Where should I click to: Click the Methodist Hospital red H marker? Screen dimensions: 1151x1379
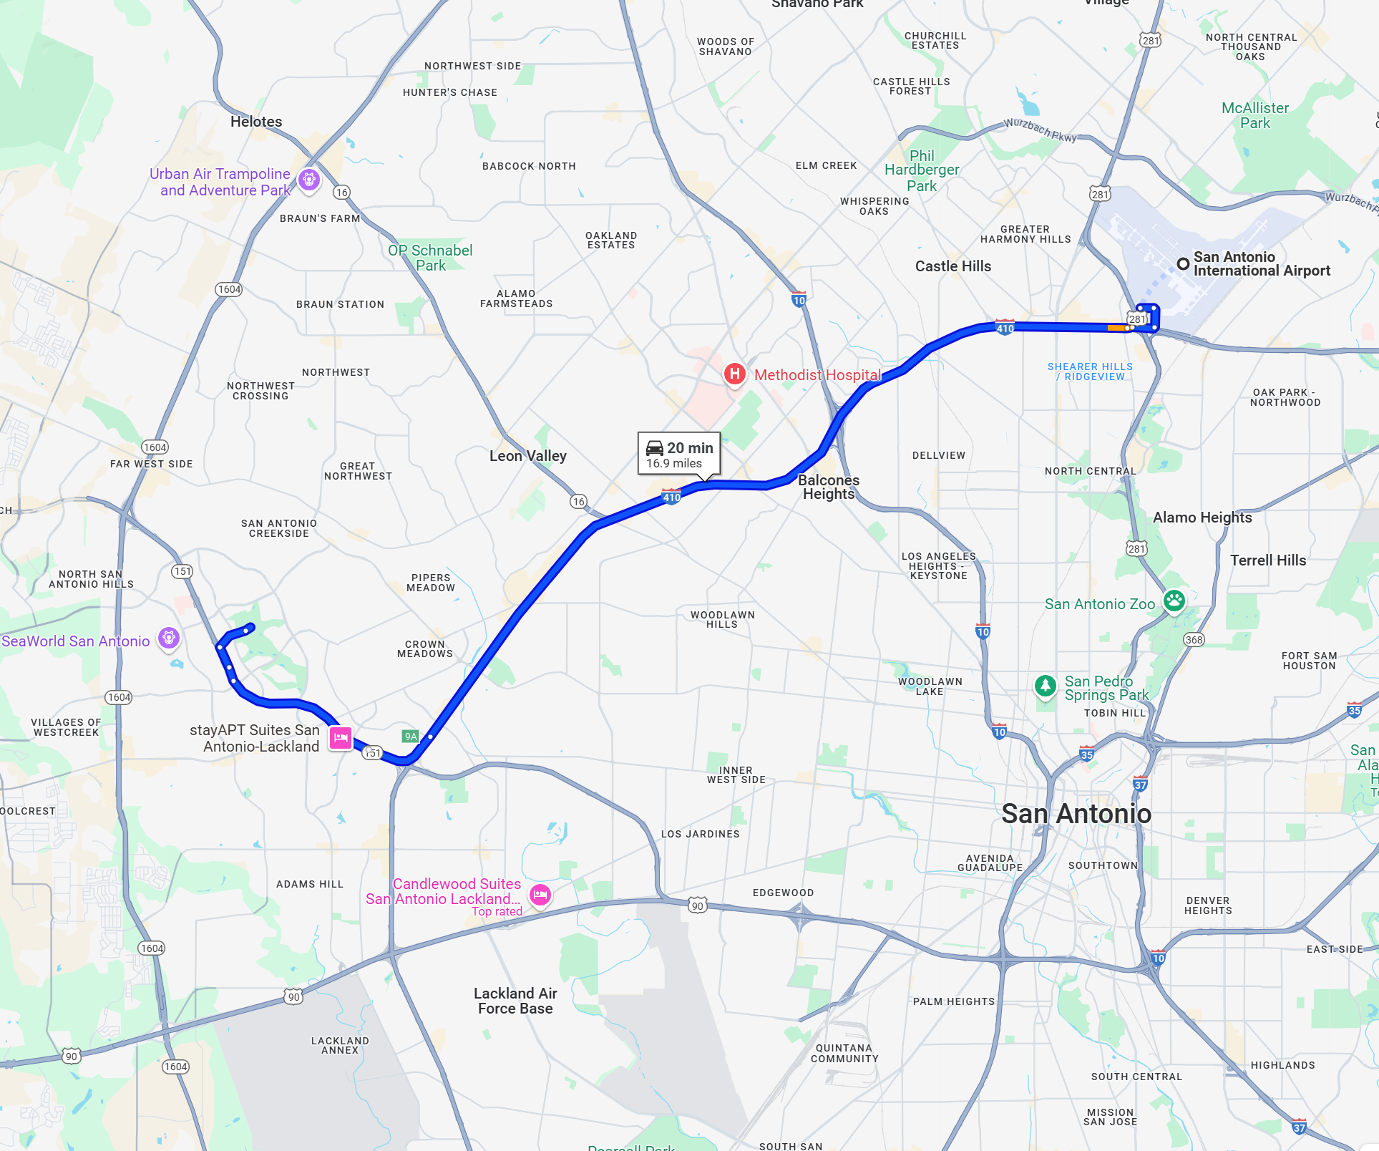click(x=734, y=374)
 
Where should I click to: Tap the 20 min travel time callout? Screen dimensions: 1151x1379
click(x=678, y=454)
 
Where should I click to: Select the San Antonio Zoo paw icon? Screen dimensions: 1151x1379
click(x=1174, y=600)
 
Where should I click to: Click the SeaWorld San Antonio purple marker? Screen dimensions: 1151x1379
click(x=169, y=637)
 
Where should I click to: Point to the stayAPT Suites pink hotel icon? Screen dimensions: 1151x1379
click(x=341, y=737)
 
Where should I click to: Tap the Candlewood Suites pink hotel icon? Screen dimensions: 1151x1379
click(x=540, y=893)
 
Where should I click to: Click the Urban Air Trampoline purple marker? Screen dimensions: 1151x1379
click(x=308, y=179)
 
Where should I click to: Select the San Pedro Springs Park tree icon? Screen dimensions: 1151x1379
click(x=1046, y=685)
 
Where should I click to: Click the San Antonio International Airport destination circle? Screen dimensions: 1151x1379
click(x=1183, y=263)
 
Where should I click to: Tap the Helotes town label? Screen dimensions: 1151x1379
click(x=256, y=122)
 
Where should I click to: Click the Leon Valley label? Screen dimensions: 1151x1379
click(x=527, y=456)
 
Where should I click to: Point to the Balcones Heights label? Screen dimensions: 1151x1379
click(x=828, y=487)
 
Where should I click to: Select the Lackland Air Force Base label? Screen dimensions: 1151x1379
click(x=515, y=1001)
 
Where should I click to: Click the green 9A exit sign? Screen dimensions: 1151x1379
click(x=410, y=736)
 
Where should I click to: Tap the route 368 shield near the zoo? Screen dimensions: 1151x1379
click(x=1194, y=639)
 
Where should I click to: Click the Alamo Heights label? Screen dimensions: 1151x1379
click(x=1202, y=518)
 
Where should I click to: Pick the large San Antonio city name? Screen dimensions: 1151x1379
click(x=1076, y=814)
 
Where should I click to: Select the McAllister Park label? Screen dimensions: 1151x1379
click(x=1254, y=115)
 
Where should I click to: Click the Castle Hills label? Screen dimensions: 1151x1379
click(x=952, y=266)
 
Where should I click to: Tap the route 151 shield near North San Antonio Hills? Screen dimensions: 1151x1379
click(x=182, y=571)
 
